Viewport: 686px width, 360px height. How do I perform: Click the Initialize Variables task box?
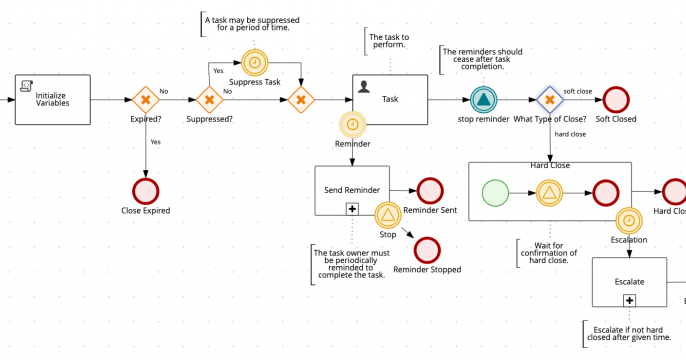(x=66, y=99)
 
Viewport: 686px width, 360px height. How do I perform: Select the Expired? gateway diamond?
(x=146, y=99)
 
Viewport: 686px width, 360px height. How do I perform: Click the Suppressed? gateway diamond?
(x=208, y=99)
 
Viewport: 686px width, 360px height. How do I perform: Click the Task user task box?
(x=390, y=99)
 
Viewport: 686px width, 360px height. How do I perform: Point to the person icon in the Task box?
(x=364, y=86)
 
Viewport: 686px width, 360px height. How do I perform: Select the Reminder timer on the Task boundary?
(x=352, y=124)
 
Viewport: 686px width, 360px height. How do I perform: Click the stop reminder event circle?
(x=484, y=99)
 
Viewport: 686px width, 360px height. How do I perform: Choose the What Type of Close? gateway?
(x=548, y=99)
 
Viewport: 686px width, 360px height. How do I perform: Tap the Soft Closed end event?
(x=615, y=99)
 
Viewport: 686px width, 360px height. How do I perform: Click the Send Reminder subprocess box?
(x=351, y=190)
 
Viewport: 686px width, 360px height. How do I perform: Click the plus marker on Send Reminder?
(x=351, y=208)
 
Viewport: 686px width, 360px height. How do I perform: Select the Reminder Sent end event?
(x=429, y=190)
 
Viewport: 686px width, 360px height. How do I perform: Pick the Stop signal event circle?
(x=388, y=214)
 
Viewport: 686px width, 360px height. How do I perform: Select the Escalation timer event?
(x=629, y=219)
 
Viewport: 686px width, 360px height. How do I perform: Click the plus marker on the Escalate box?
(x=629, y=299)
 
